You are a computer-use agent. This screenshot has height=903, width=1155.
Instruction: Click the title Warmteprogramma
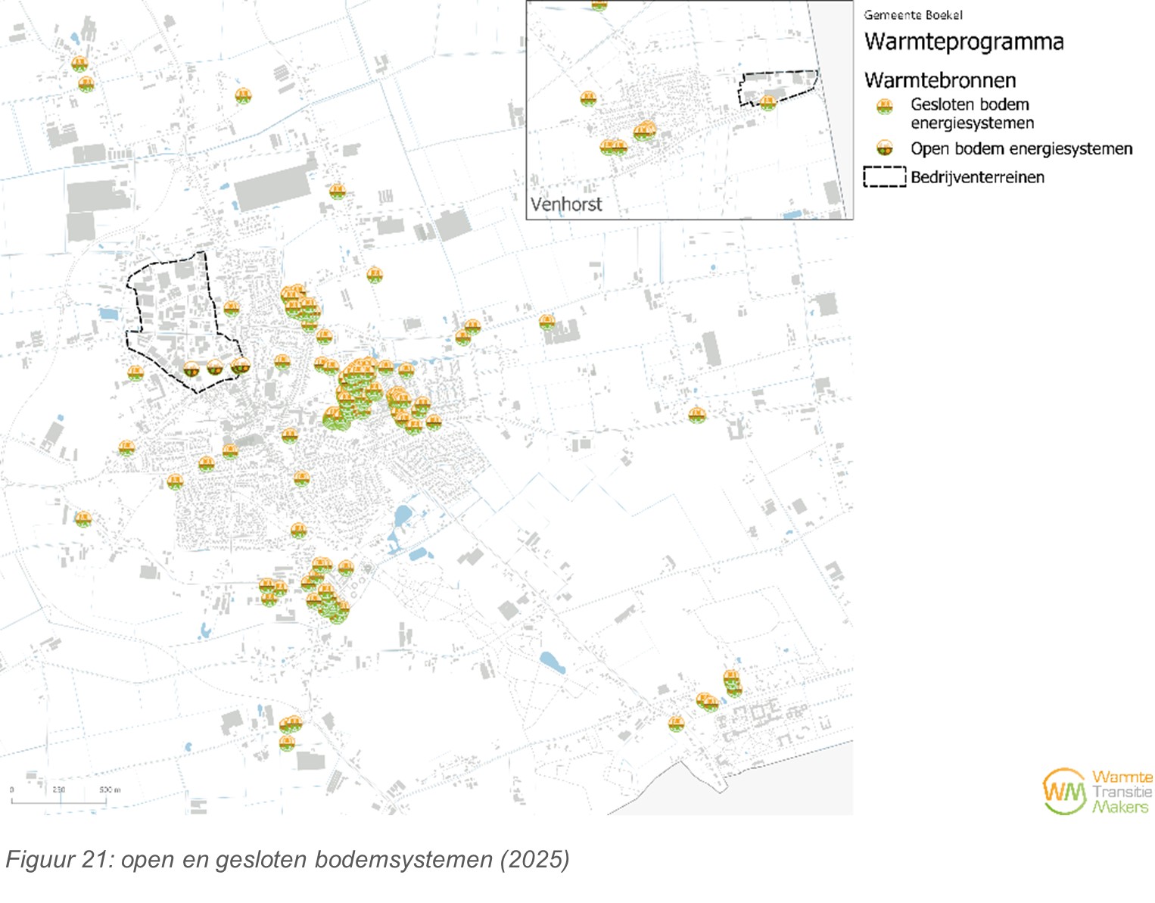point(964,42)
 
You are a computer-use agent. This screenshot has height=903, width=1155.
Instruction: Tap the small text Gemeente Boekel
point(913,15)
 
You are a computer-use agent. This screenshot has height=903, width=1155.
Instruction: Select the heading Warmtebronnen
point(940,80)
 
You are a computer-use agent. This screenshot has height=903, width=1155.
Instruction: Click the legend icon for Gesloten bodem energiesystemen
point(884,107)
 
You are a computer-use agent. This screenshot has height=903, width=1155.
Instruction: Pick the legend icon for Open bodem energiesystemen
point(884,148)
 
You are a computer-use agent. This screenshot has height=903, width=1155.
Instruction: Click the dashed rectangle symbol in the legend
point(884,177)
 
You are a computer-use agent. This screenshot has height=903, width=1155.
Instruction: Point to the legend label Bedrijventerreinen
point(977,178)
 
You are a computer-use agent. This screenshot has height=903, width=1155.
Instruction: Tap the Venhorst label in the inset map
point(566,204)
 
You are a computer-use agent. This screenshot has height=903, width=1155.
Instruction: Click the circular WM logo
point(1064,792)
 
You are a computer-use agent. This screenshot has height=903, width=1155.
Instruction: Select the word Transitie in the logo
point(1121,792)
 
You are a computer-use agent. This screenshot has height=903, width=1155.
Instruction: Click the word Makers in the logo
point(1119,807)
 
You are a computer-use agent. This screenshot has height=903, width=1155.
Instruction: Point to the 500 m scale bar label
point(109,789)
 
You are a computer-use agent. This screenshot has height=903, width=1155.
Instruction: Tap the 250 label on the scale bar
point(59,789)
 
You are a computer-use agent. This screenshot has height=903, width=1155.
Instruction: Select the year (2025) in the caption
point(534,860)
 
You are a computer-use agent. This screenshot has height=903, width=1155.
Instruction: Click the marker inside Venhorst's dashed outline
point(768,102)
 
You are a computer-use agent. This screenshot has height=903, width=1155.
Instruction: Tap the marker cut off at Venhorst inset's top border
point(599,5)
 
